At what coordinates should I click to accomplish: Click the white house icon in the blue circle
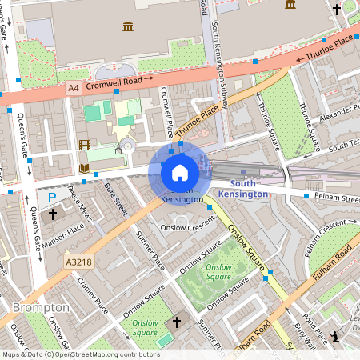point(180,172)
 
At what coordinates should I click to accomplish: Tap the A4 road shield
point(74,87)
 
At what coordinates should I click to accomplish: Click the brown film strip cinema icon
point(85,145)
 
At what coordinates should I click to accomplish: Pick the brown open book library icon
point(85,169)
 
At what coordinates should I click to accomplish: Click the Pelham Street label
point(330,195)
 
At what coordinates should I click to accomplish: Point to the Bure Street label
point(116,198)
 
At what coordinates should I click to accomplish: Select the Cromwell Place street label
point(167,112)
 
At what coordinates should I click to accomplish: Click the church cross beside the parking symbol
point(54,214)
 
